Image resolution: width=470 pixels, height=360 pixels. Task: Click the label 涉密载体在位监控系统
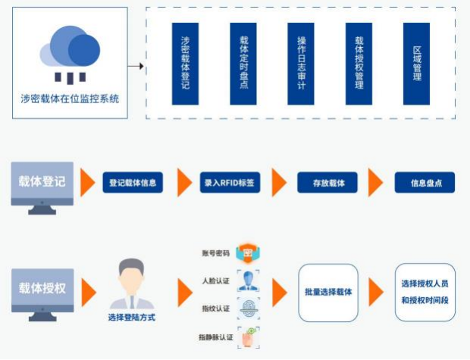point(70,99)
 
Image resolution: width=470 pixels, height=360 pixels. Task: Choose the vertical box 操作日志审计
point(301,64)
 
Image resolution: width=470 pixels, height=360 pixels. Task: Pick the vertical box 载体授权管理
point(359,64)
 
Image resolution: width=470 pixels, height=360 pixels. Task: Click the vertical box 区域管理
point(416,64)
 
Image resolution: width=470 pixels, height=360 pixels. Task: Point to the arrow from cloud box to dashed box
point(136,66)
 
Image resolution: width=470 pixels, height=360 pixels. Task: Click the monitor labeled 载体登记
point(42,185)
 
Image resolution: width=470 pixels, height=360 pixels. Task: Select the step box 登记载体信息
point(133,183)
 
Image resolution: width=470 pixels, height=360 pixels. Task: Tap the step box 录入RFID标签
point(227,183)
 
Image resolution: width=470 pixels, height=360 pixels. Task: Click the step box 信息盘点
point(424,183)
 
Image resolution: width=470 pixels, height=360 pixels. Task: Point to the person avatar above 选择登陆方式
point(131,282)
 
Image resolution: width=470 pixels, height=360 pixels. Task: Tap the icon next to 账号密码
point(246,253)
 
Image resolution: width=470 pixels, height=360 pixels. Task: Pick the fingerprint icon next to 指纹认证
point(246,308)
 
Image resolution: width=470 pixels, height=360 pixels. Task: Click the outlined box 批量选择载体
point(328,292)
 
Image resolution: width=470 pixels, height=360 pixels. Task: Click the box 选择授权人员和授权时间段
point(425,292)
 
